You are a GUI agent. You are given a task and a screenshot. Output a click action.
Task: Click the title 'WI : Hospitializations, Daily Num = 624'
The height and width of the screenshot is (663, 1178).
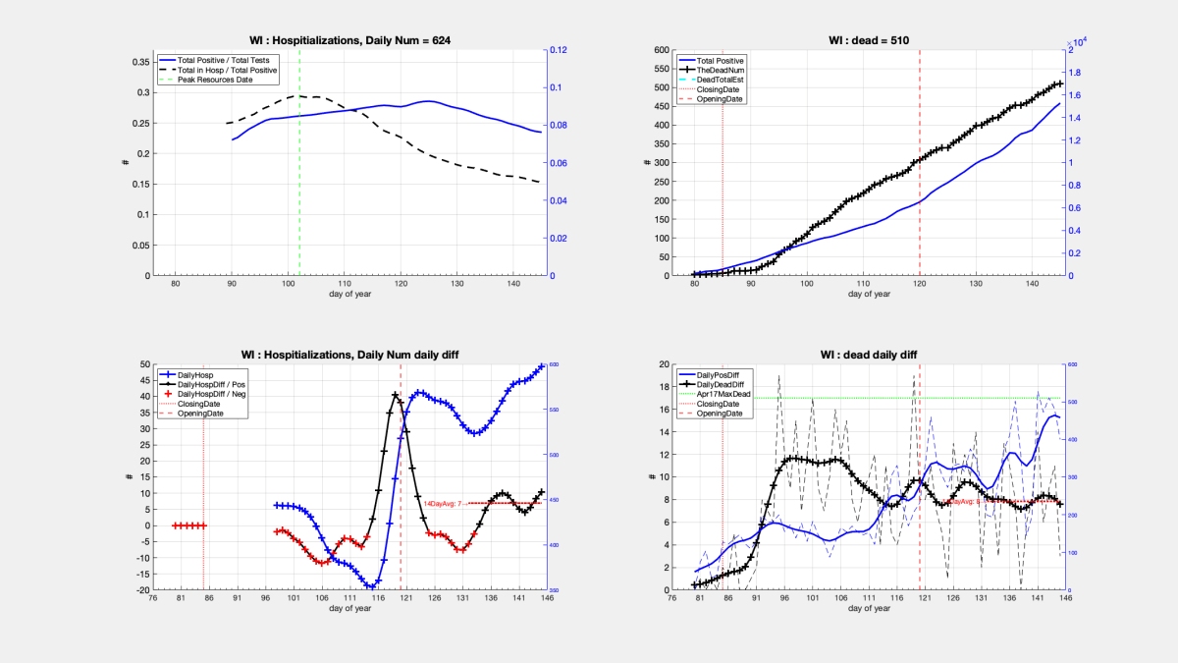pos(348,39)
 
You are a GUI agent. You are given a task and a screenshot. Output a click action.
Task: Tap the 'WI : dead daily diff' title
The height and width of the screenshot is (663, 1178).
pos(870,354)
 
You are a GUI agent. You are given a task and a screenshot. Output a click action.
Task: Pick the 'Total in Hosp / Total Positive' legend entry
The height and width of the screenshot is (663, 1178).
pos(227,70)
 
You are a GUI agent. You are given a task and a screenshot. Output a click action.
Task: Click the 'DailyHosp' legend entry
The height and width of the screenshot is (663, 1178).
pos(200,374)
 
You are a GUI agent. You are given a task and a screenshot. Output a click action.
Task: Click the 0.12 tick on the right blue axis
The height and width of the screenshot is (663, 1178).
pos(558,50)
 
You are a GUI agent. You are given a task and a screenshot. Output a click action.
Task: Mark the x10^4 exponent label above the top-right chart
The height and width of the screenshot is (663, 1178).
pos(1078,42)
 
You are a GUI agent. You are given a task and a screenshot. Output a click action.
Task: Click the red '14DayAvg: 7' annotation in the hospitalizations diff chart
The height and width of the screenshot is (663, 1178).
pos(443,503)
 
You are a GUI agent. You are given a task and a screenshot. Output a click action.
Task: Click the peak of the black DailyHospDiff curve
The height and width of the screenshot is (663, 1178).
pos(395,395)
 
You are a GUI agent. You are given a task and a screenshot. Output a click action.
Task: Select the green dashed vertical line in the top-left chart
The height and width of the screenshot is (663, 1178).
pos(299,177)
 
